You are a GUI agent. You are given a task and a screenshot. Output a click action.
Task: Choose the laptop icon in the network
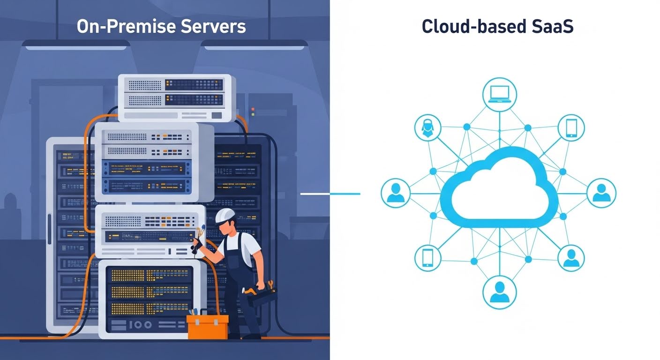[499, 94]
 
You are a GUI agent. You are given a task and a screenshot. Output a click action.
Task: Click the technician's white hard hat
[225, 216]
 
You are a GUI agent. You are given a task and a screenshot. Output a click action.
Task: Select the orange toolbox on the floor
[207, 326]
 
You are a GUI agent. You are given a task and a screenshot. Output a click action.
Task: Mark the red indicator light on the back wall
[253, 109]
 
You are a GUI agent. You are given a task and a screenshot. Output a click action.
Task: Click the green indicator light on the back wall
[253, 114]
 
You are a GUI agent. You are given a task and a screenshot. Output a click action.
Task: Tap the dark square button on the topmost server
[217, 115]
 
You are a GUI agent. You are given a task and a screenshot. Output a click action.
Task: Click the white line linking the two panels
[330, 194]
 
